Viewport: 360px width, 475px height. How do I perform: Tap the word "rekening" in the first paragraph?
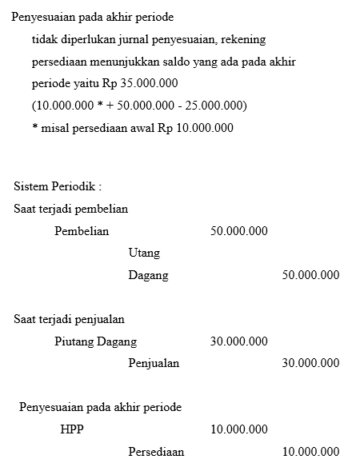pos(243,38)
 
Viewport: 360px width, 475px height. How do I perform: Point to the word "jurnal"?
pos(138,38)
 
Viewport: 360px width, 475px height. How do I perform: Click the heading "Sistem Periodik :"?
pos(58,187)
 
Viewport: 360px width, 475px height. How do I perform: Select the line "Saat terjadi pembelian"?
pos(70,209)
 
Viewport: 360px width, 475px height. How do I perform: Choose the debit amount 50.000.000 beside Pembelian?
pos(238,231)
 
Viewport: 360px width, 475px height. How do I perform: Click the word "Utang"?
pos(144,253)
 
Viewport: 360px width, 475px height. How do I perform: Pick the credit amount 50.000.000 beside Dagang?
pos(310,275)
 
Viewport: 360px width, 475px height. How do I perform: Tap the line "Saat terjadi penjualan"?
pos(69,319)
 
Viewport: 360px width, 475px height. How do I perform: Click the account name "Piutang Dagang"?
pos(95,341)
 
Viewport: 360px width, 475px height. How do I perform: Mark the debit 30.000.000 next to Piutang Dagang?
pos(238,341)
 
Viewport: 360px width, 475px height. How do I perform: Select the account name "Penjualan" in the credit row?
pos(154,363)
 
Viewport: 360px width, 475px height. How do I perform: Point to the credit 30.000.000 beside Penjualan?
pos(310,363)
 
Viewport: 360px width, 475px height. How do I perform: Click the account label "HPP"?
pos(72,429)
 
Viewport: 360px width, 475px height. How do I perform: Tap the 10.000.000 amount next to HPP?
pos(238,429)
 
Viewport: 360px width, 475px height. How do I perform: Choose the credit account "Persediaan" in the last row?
pos(156,452)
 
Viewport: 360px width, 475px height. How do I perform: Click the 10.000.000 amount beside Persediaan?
pos(310,452)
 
